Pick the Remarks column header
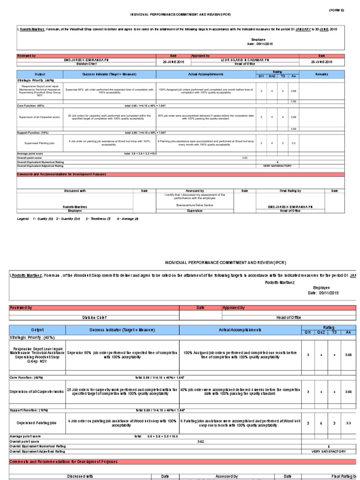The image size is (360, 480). pyautogui.click(x=322, y=74)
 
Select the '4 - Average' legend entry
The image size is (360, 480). pyautogui.click(x=128, y=218)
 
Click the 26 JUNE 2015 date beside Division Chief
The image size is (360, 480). pyautogui.click(x=174, y=62)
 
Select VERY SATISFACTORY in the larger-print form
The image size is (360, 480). pyautogui.click(x=329, y=451)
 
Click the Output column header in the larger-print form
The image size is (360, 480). pyautogui.click(x=37, y=330)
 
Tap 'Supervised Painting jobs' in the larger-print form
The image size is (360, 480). pyautogui.click(x=37, y=422)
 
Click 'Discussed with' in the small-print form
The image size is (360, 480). pyautogui.click(x=75, y=191)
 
